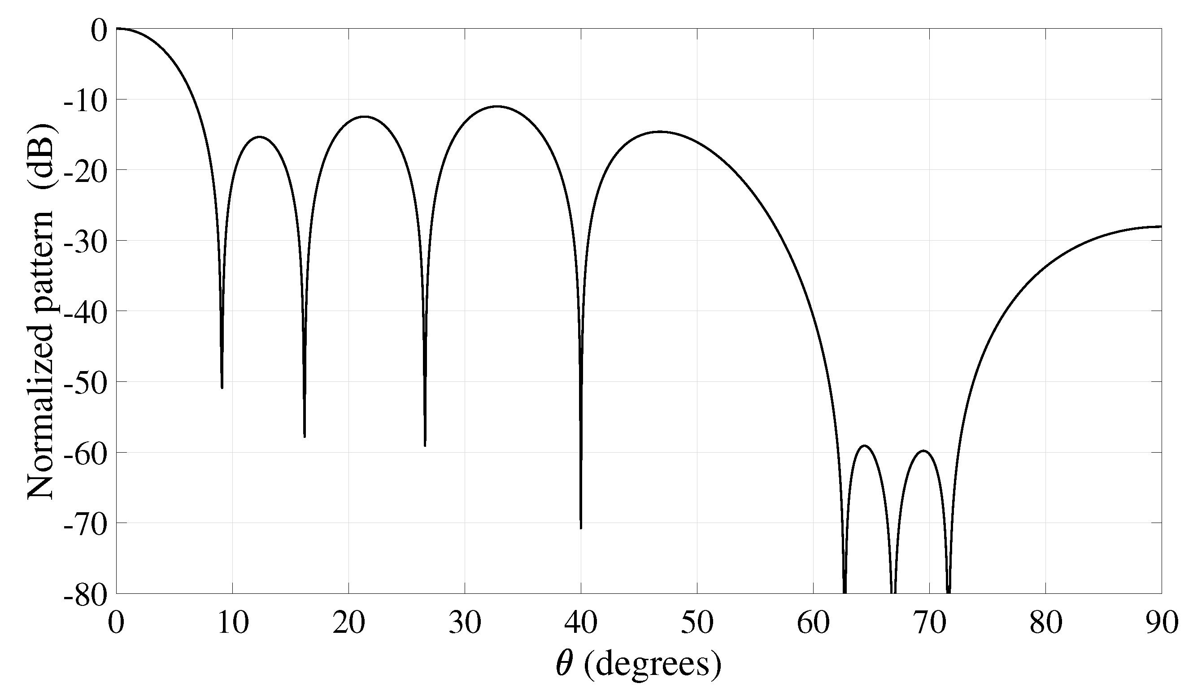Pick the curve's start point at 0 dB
117,29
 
